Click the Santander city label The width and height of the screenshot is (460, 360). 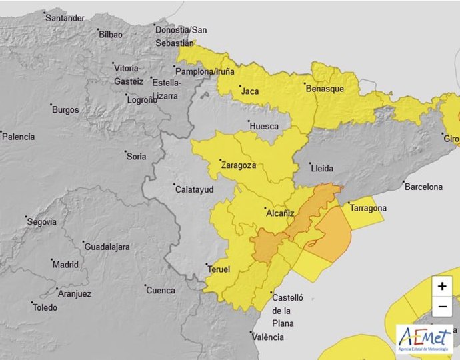[x=65, y=18]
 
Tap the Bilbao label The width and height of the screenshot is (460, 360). [x=111, y=35]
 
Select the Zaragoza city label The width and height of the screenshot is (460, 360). [x=238, y=165]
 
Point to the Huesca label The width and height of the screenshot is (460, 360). [x=263, y=125]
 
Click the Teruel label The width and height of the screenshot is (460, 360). [x=219, y=269]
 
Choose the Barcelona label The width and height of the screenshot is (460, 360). [x=423, y=187]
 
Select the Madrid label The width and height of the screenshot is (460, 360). [x=65, y=264]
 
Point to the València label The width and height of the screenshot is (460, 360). [x=267, y=337]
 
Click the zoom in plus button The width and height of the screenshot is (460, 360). [x=441, y=287]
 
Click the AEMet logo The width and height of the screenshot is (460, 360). [x=424, y=339]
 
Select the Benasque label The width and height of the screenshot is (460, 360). [x=325, y=89]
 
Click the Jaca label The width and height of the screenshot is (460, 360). [x=250, y=91]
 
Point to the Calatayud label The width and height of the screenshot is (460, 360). [x=193, y=189]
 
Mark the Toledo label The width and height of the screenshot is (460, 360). [x=45, y=307]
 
